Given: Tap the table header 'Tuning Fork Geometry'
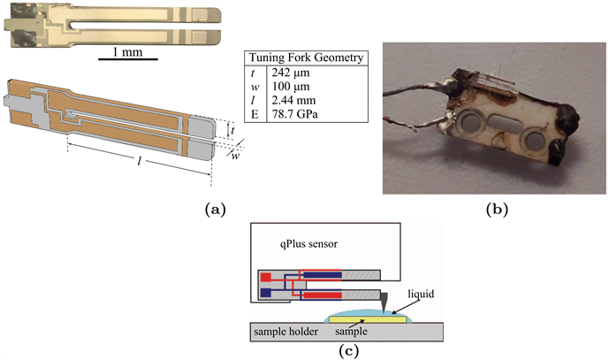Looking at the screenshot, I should pyautogui.click(x=306, y=59).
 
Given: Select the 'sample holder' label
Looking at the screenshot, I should pyautogui.click(x=282, y=332).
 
